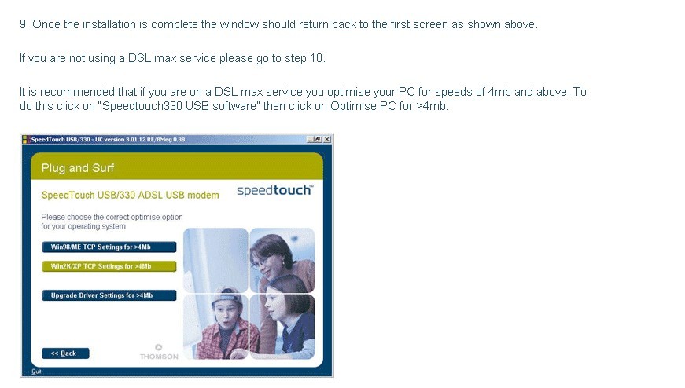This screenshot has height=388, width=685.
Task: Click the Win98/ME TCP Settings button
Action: click(109, 247)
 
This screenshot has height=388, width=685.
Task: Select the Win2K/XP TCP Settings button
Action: click(109, 266)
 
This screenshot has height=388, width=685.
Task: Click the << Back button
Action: click(65, 353)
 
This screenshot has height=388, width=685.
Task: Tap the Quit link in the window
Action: click(36, 372)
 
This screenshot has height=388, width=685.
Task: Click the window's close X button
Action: click(327, 139)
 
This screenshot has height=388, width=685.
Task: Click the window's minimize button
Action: click(310, 139)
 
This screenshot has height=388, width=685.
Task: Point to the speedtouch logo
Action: click(274, 190)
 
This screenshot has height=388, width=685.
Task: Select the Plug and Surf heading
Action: click(77, 168)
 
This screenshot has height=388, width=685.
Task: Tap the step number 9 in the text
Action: click(23, 24)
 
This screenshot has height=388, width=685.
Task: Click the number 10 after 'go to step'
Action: click(316, 58)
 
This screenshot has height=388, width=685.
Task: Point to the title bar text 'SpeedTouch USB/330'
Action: click(61, 140)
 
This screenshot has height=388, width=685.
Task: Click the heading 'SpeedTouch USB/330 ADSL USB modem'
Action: click(131, 195)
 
